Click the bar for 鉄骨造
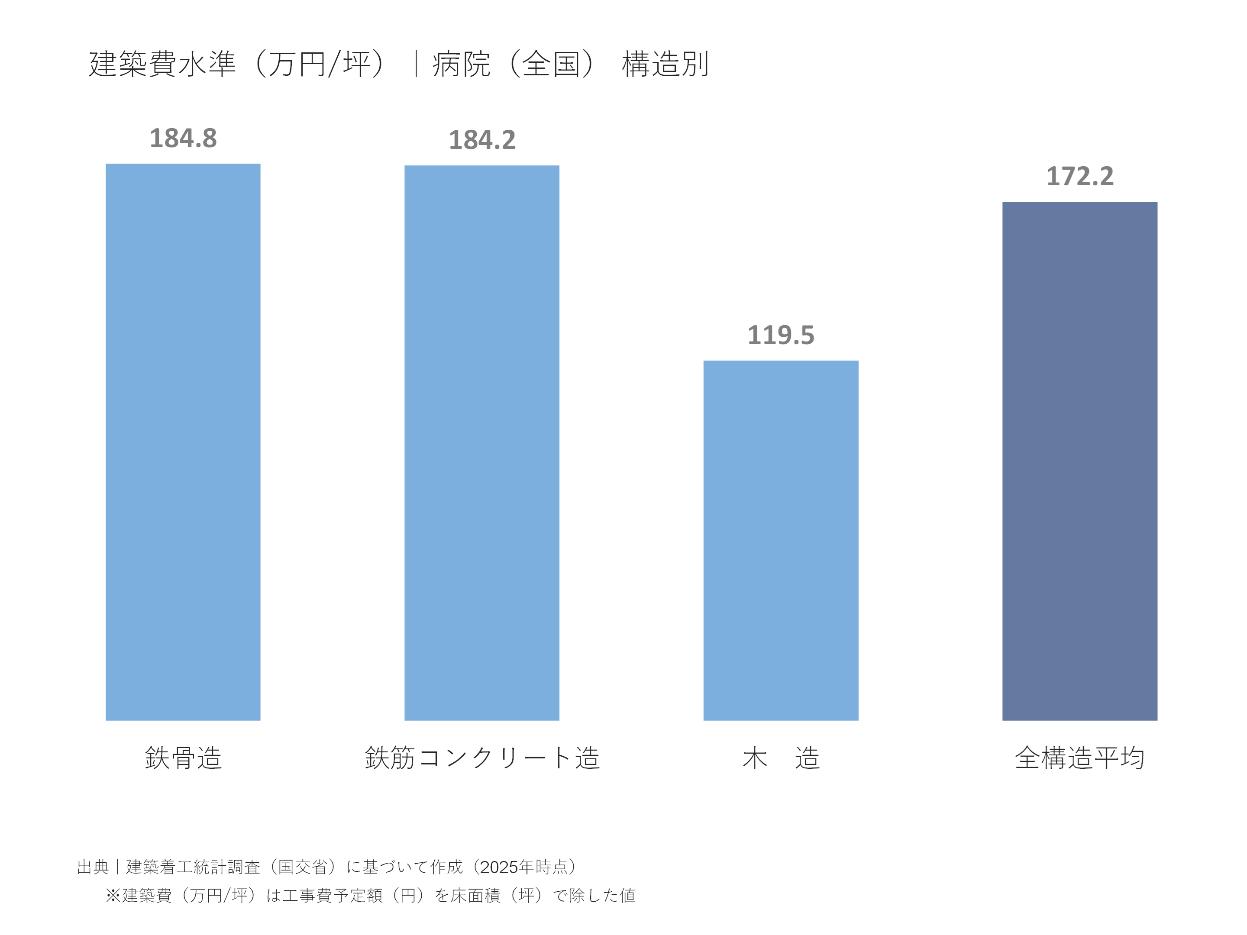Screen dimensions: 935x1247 (x=183, y=442)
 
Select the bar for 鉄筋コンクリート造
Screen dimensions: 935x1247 (x=481, y=443)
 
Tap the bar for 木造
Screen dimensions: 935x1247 (x=781, y=541)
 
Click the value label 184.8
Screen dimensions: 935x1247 (x=183, y=139)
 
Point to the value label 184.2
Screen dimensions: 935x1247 (x=482, y=140)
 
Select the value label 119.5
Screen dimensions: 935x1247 (x=781, y=335)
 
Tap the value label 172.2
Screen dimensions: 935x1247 (x=1079, y=177)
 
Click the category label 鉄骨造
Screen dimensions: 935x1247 (x=183, y=758)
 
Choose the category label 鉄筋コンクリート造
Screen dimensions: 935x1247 (x=482, y=758)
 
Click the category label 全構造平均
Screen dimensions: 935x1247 (x=1079, y=758)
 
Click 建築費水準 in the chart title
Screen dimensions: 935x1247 (x=162, y=64)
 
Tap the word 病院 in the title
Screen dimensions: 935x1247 (x=461, y=64)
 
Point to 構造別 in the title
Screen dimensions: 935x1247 (x=665, y=64)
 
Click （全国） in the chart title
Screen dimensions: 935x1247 (x=551, y=64)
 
